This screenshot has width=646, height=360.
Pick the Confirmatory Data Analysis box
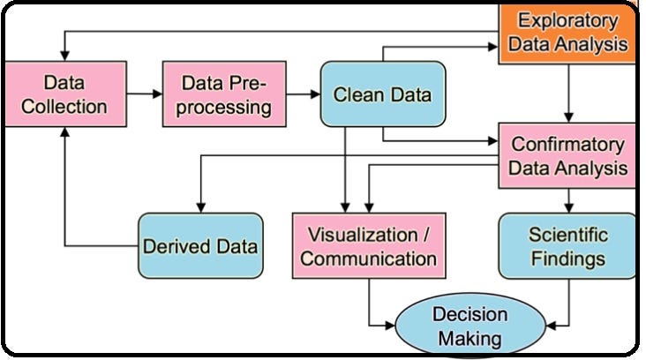click(x=567, y=155)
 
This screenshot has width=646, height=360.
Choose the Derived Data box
click(x=200, y=245)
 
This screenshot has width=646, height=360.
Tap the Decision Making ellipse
click(x=468, y=326)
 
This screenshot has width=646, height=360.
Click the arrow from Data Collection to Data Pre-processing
click(x=141, y=94)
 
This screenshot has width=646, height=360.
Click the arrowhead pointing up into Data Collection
click(x=64, y=131)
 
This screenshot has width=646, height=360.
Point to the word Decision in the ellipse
click(x=469, y=315)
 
